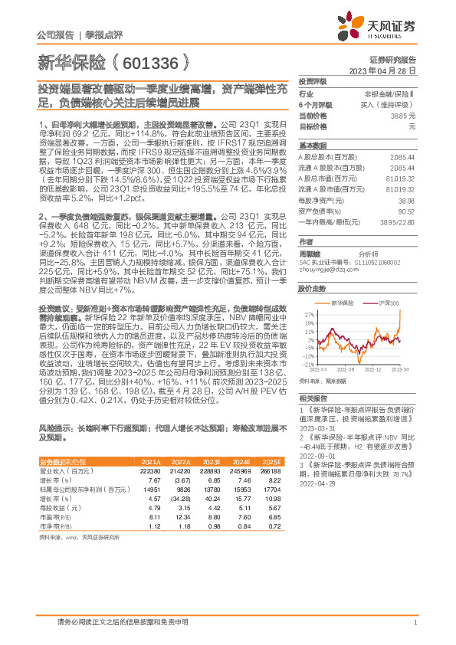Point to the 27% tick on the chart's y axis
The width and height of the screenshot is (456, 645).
308,315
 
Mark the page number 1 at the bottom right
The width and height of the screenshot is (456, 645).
415,623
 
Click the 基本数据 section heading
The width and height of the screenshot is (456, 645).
312,144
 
